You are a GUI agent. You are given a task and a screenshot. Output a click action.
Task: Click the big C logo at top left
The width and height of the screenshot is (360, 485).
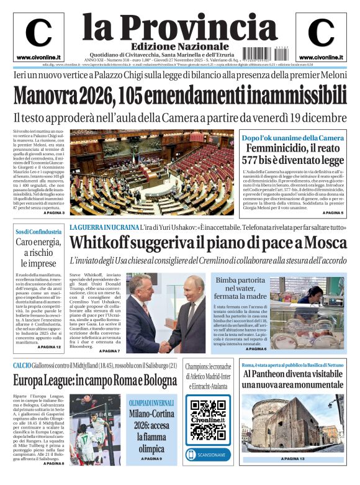coord(38,32)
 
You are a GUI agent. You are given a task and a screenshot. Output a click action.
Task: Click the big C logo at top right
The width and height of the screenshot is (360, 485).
coord(321,32)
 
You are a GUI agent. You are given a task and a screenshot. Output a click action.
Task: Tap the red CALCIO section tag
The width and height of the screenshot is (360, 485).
coord(24,365)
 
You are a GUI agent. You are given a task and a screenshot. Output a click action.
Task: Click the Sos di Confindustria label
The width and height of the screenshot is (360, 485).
coord(38,232)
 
